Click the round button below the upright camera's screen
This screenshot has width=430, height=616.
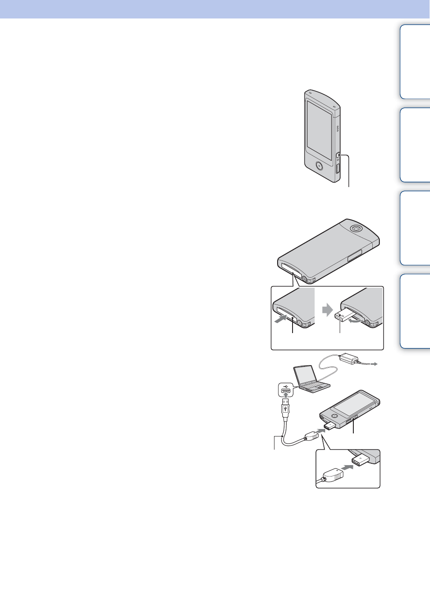click(319, 165)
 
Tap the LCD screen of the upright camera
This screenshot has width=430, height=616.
click(319, 130)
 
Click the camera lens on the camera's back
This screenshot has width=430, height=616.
click(355, 228)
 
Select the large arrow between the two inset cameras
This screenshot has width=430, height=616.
click(327, 310)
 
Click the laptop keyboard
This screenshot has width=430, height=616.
click(315, 386)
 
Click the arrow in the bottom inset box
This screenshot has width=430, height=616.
click(348, 468)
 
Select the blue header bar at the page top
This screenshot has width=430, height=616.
click(215, 9)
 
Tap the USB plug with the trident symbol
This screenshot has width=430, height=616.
click(285, 410)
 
